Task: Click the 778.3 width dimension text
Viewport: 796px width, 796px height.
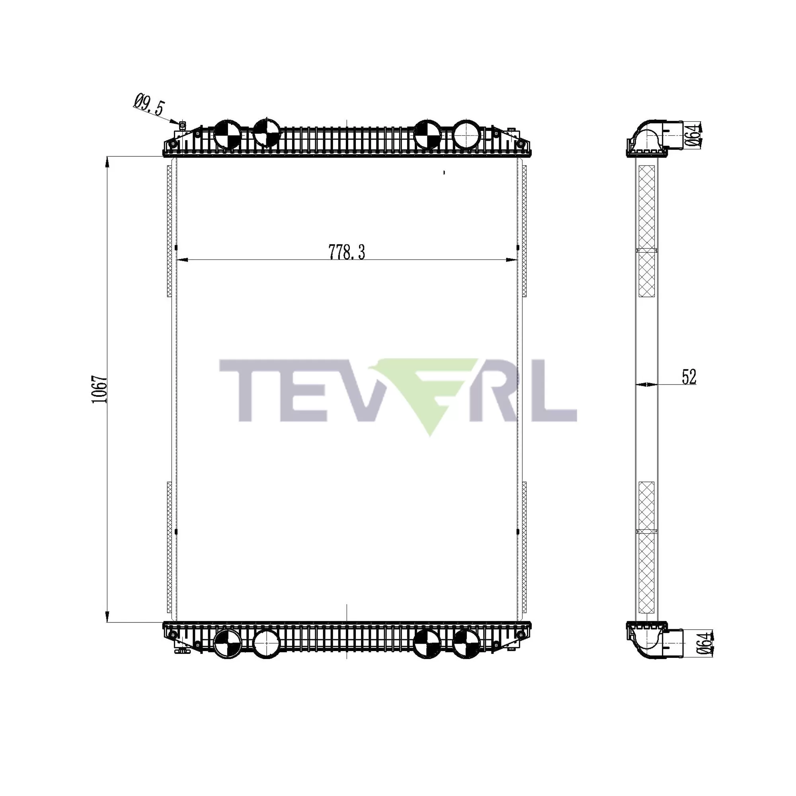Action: tap(347, 252)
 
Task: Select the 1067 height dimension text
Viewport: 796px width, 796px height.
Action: tap(100, 389)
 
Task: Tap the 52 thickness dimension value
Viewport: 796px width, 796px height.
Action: tap(689, 377)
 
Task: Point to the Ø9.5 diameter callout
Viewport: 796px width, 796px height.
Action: tap(149, 105)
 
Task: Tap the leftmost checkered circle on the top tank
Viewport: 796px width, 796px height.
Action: tap(227, 134)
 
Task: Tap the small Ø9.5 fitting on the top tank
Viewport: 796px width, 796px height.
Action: tap(183, 124)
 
